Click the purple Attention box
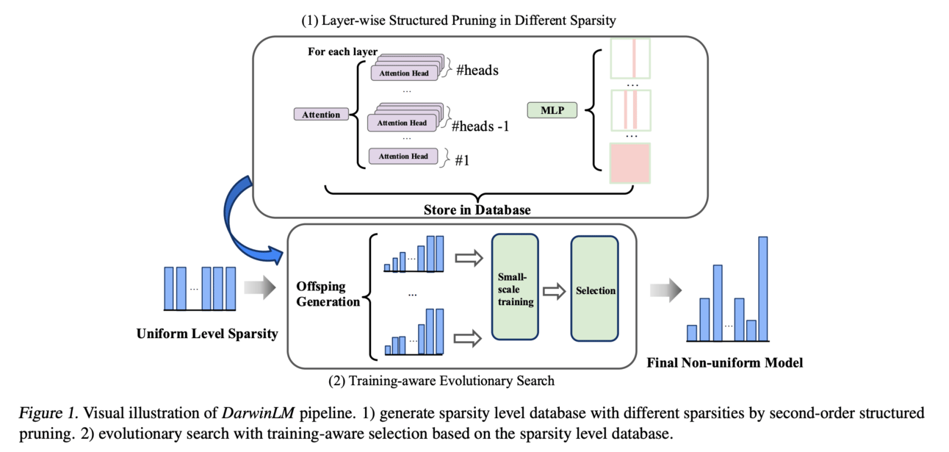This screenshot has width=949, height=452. (x=321, y=115)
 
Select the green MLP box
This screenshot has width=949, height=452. (x=552, y=110)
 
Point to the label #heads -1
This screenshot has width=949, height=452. (x=480, y=126)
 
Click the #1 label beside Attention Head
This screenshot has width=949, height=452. (x=462, y=159)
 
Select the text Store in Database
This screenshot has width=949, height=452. (x=477, y=210)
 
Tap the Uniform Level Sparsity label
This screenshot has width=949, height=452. (x=207, y=334)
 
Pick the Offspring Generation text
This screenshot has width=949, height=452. (x=328, y=294)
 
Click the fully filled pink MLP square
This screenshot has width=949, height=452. (x=630, y=162)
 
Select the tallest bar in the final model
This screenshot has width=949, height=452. (x=762, y=288)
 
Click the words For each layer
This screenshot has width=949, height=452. (x=343, y=52)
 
